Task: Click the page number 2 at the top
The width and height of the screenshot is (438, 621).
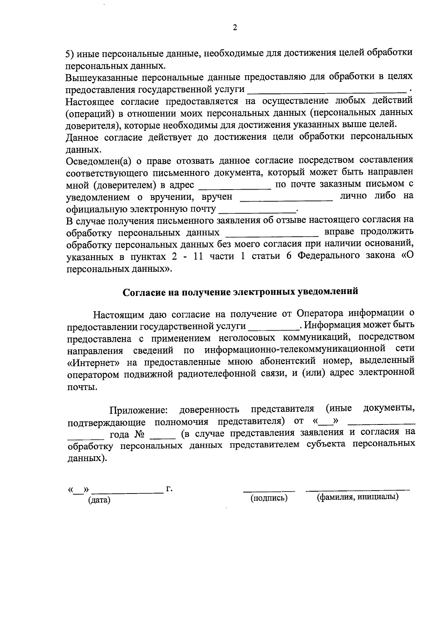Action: [235, 28]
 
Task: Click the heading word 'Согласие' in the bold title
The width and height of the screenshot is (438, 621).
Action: [143, 292]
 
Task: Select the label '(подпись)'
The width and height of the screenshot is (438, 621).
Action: [269, 498]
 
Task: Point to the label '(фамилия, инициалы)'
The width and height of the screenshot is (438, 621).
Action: [358, 497]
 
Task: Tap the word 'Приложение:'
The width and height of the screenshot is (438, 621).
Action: [139, 409]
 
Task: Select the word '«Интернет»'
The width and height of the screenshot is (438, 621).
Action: [94, 363]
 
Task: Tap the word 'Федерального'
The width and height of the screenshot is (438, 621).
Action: [331, 256]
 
